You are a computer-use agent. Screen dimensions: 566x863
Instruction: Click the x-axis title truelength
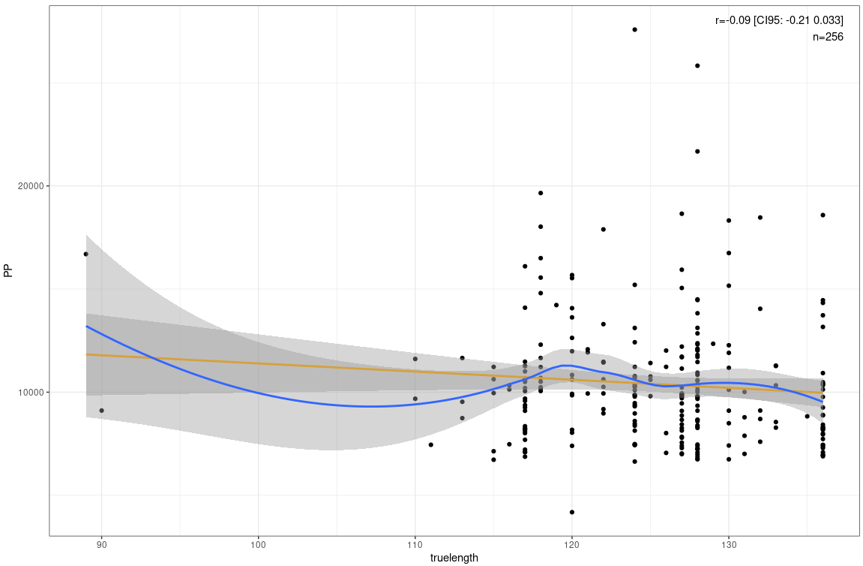coord(454,558)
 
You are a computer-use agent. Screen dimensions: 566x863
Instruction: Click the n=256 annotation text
coord(829,36)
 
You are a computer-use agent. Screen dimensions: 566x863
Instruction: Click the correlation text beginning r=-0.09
coord(779,20)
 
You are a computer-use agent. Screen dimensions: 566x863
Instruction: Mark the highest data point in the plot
coord(634,29)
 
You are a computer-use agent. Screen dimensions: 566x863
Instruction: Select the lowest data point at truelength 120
coord(571,512)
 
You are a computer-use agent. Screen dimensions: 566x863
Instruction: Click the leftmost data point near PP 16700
coord(85,254)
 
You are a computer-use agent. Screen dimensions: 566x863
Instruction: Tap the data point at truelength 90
coord(101,410)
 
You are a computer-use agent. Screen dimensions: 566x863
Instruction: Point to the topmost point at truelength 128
coord(697,65)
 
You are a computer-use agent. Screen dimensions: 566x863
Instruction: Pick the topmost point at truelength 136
coord(823,215)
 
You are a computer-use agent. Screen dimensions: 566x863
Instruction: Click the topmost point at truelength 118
coord(540,193)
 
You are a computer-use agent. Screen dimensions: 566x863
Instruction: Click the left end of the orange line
coord(86,354)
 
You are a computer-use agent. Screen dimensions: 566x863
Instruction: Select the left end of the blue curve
coord(86,326)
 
